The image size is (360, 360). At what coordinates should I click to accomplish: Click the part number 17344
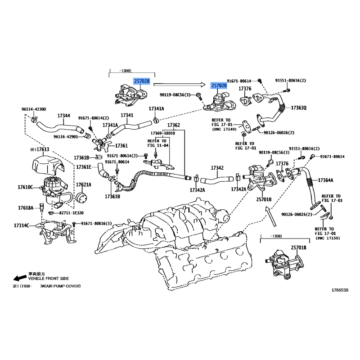tap(63, 116)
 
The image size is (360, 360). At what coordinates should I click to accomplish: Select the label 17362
tap(174, 125)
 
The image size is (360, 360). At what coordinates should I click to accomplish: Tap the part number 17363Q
tap(298, 108)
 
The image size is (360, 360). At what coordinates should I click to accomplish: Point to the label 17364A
tap(325, 180)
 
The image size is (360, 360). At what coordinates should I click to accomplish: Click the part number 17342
tap(217, 168)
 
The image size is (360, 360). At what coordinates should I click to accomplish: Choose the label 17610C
tap(26, 186)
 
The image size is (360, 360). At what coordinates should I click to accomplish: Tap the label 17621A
tap(83, 184)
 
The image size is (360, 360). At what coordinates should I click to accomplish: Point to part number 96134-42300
tap(34, 109)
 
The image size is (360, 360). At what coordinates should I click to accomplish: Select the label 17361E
tap(84, 167)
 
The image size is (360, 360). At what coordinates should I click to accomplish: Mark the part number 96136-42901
tap(66, 136)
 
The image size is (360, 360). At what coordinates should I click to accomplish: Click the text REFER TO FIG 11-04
tap(157, 143)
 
